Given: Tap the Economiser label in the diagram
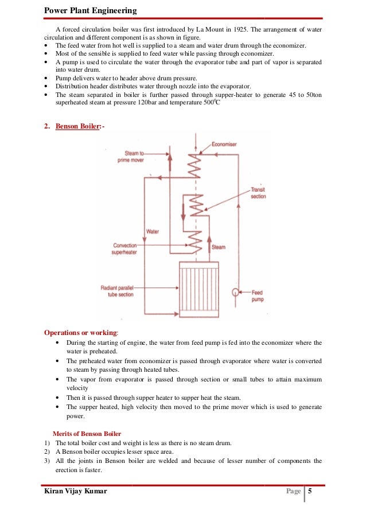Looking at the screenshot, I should tap(224, 144).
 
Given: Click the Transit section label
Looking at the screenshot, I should tap(259, 193).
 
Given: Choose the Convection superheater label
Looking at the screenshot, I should tap(125, 248).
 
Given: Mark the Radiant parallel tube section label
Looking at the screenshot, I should tap(118, 290).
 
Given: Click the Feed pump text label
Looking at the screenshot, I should tap(258, 295).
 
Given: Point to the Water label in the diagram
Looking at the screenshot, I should tap(152, 231).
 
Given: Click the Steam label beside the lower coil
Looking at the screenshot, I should tap(219, 247).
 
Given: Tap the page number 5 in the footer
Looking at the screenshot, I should tap(310, 490).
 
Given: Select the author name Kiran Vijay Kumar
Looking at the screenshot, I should tap(75, 492).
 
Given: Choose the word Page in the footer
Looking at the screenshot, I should tap(293, 492).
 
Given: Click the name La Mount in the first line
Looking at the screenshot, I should tap(195, 29).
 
